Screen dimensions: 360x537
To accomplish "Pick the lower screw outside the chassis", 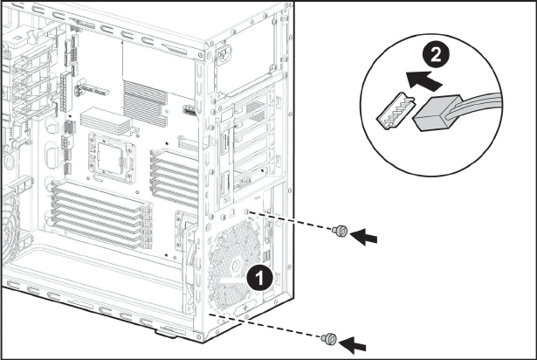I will pos(329,336).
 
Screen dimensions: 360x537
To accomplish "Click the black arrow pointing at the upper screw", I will pos(369,235).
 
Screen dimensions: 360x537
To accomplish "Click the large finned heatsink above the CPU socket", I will pos(143,92).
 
